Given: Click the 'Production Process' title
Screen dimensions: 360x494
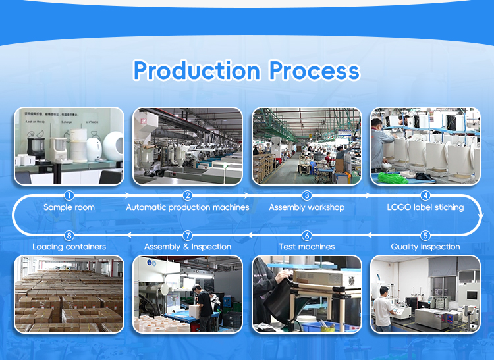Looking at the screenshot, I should coord(246,70).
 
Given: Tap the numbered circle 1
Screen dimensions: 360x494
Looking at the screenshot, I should coord(69,195).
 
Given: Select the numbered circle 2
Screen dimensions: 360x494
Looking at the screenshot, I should coord(188,195).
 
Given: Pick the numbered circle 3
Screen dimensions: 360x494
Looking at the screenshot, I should coord(307,195).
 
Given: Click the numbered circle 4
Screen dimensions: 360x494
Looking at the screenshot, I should coord(425,195).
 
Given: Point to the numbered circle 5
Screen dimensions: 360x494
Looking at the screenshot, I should coord(425,235).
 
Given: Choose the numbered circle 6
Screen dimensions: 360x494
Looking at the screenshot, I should coord(307,235).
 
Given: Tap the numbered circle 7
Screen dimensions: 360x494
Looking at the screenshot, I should coord(188,235).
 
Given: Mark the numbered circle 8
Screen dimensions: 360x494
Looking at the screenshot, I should coord(69,235).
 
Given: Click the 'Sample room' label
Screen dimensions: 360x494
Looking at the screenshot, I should coord(69,207).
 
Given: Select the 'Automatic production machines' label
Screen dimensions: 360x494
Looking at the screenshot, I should coord(188,207).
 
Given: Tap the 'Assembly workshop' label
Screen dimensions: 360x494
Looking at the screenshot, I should coord(307,207).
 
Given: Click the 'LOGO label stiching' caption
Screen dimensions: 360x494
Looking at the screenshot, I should coord(425,207).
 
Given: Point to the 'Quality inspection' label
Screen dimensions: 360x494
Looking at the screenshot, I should coord(425,247).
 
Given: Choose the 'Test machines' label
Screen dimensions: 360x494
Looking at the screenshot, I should coord(307,247).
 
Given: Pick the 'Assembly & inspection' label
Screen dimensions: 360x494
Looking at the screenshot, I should coord(188,247).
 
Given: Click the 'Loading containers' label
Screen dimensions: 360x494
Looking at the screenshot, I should coord(69,247).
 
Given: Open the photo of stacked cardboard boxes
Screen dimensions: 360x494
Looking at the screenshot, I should coord(69,294).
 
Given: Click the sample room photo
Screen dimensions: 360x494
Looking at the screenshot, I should coord(69,146).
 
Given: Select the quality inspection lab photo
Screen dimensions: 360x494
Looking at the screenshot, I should coord(425,294).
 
